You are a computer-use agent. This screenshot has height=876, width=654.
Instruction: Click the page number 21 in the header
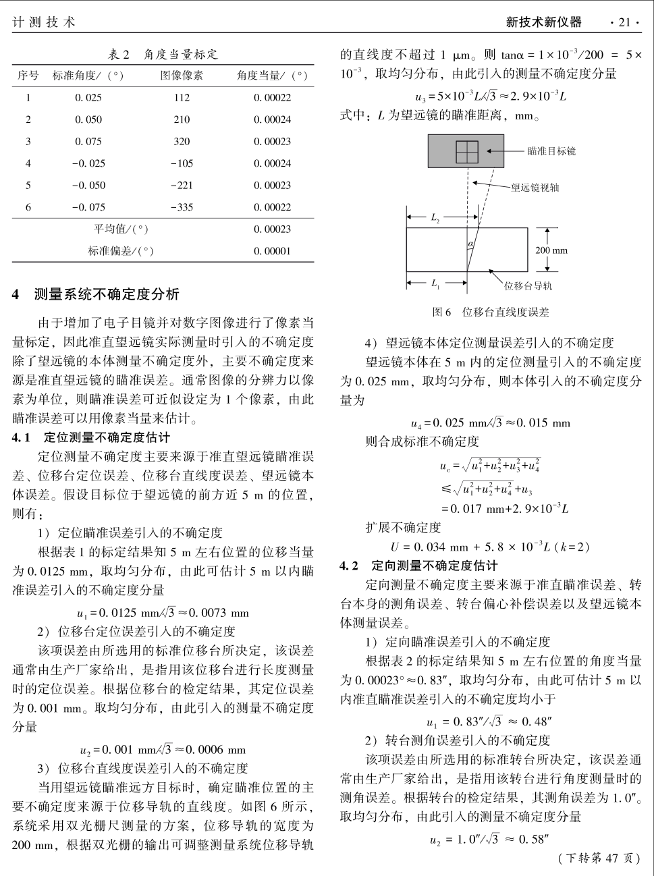pos(624,22)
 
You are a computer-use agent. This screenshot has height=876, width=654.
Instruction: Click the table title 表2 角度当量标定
pos(163,55)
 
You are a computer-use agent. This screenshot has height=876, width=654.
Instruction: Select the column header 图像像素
pos(181,76)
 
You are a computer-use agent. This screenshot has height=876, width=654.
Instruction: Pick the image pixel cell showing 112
pos(181,98)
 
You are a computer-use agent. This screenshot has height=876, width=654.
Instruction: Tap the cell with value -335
pos(181,207)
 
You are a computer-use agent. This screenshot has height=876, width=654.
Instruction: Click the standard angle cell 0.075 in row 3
pos(88,142)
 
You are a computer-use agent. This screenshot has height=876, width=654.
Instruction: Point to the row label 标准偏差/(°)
pos(121,251)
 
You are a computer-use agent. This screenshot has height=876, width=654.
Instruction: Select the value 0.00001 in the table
pos(272,251)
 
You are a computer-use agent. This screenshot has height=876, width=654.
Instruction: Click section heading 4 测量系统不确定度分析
pos(97,294)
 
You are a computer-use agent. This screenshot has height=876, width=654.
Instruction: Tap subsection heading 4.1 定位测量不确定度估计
pos(91,437)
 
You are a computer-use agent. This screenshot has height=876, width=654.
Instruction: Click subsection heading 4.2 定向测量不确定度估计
pos(418,566)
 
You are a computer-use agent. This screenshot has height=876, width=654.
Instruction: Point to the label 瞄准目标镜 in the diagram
pos(551,151)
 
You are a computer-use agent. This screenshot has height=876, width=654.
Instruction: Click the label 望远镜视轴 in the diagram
pos(535,188)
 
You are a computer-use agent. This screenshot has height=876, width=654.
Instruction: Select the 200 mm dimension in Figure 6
pos(551,250)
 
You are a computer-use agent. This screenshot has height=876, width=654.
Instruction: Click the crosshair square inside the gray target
pos(466,152)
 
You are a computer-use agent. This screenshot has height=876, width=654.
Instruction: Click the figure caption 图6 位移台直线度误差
pos(491,312)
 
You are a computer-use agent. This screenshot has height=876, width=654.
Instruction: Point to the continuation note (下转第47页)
pos(597,858)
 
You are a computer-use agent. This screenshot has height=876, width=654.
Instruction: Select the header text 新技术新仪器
pos(543,22)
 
